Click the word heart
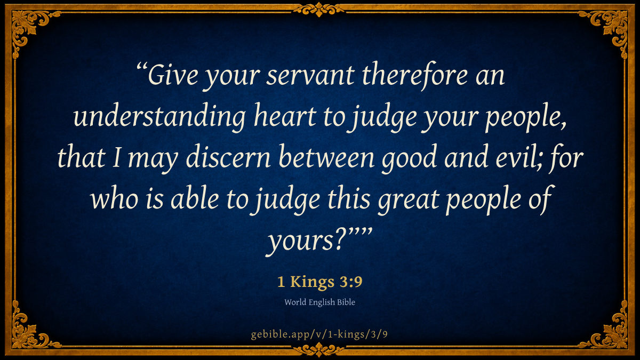pos(285,116)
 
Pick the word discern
pos(228,157)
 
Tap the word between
pos(326,157)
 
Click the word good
pos(409,158)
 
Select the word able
pos(195,198)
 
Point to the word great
pos(409,200)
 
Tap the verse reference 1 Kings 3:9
pos(319,282)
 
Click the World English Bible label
pos(319,302)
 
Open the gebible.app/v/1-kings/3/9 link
pos(319,334)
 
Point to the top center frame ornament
pos(319,10)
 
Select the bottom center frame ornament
pos(319,349)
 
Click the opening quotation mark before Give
pos(141,67)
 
